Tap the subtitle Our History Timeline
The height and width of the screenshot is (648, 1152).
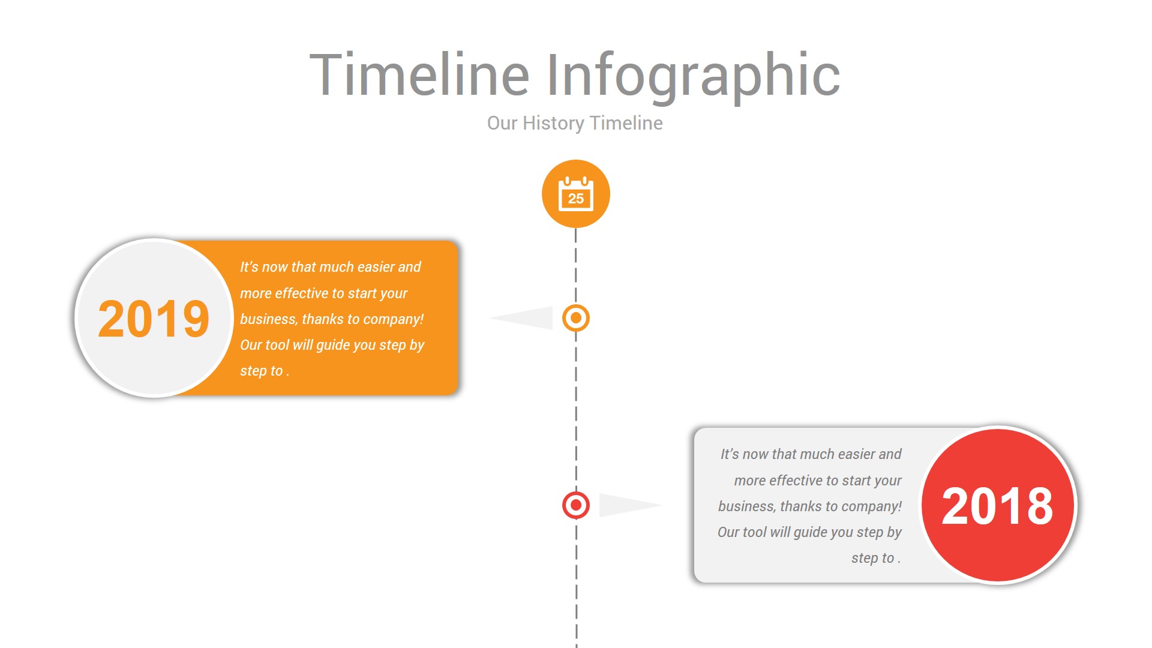(575, 123)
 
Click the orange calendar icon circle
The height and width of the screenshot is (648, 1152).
(575, 193)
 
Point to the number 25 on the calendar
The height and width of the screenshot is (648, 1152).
(575, 199)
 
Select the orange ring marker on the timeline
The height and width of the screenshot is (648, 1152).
(575, 318)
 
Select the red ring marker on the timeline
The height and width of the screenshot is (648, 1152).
(575, 505)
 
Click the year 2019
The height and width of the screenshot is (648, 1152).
(154, 319)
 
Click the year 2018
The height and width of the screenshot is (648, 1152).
(997, 506)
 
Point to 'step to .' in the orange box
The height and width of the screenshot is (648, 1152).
(264, 371)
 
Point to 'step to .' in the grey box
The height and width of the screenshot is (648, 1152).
(875, 558)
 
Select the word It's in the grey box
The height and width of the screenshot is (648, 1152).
(729, 454)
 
